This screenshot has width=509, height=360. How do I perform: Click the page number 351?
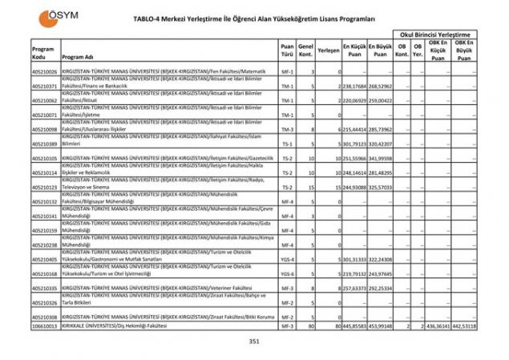tap(254, 342)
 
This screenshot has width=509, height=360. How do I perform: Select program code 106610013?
tap(45, 327)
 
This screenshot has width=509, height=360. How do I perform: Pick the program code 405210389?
tap(45, 144)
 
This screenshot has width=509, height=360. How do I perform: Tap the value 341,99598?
tap(381, 159)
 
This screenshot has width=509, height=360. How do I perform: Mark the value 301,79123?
tap(354, 144)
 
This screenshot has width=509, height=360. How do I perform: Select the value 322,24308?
tap(381, 260)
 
